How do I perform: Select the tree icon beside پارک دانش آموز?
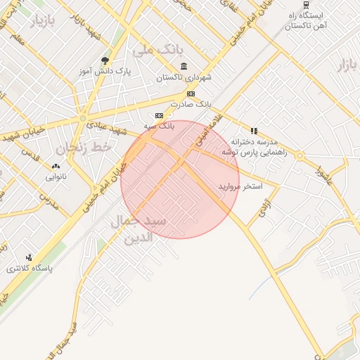tap(105, 60)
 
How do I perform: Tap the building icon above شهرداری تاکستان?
tap(184, 66)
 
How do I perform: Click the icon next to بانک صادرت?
tap(191, 94)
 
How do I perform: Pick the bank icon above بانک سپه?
tap(159, 115)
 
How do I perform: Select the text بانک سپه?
tap(159, 126)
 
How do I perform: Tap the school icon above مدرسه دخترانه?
tap(254, 131)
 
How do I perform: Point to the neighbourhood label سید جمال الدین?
tap(138, 229)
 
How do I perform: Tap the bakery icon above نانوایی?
tap(55, 167)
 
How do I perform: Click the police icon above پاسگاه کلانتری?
tap(29, 257)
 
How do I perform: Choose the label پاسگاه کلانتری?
tap(25, 269)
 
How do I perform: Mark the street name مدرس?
tap(48, 202)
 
